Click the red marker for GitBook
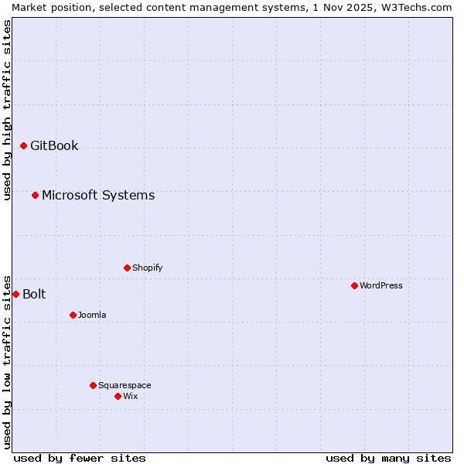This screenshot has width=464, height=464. tap(23, 145)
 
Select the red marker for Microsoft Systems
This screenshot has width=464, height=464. tap(35, 195)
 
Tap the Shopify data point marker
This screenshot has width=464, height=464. tap(127, 268)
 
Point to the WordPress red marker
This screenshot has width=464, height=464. tap(354, 285)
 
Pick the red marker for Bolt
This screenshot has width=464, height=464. tap(15, 294)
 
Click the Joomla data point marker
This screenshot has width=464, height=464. tap(73, 315)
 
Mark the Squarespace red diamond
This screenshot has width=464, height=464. tap(93, 385)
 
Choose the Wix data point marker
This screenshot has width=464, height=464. tap(118, 396)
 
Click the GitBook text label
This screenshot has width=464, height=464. tap(54, 145)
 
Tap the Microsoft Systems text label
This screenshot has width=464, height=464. tap(98, 195)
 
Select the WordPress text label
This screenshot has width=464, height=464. tap(381, 285)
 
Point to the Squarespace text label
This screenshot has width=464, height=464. tap(125, 385)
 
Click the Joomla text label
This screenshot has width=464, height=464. tap(92, 315)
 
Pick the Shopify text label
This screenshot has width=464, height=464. tap(148, 268)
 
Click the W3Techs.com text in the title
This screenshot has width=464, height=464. tap(418, 7)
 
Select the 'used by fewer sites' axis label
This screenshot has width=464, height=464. tap(80, 458)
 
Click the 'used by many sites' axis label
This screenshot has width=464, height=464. tap(388, 458)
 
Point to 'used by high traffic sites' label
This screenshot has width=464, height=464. tap(7, 110)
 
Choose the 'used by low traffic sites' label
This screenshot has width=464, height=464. tap(7, 361)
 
